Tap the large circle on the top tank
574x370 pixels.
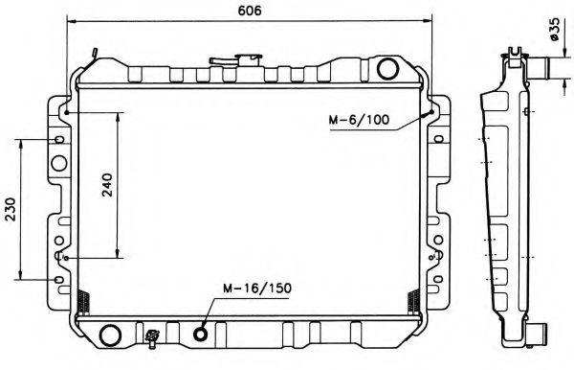click(387, 68)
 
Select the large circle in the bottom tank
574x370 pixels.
click(111, 335)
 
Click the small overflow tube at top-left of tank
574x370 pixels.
click(94, 52)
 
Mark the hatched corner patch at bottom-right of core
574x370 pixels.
click(412, 303)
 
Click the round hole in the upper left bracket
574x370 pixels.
click(60, 140)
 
